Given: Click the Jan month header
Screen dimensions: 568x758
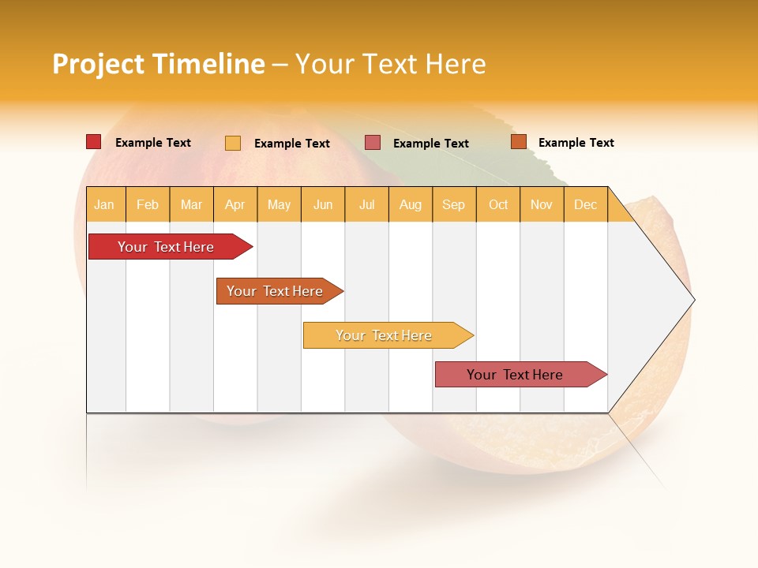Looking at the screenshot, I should pos(104,204).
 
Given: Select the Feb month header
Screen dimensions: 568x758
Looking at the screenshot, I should pos(148,204).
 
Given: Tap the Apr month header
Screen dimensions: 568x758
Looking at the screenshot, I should pos(235,204).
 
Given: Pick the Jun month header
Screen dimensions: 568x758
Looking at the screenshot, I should pos(323,204).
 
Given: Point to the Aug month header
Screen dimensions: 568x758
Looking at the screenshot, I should pos(411,204).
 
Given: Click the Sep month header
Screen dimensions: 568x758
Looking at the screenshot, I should pos(454,204).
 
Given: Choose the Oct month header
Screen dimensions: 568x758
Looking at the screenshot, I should pos(498,204).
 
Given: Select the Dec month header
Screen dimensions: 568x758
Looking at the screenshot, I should pos(586,204).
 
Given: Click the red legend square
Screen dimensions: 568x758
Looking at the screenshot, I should pos(94,142).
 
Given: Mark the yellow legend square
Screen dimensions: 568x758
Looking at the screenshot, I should pos(233,143).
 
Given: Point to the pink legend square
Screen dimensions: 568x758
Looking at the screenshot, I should pos(373,143).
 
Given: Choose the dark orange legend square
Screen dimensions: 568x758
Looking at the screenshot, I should pos(519,142).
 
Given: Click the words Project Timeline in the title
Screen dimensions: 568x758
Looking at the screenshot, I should pos(159,64).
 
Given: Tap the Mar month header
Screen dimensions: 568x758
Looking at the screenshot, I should pos(192,204).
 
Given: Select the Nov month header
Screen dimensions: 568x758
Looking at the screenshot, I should pos(542,204).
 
